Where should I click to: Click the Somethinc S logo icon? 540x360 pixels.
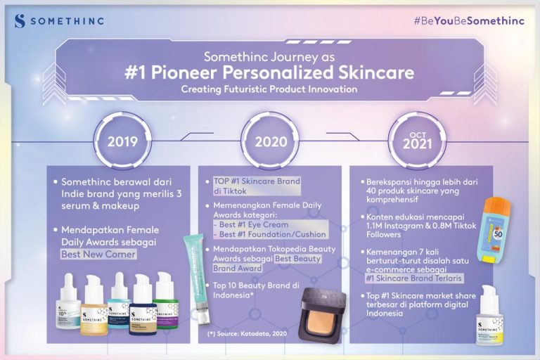coord(20,20)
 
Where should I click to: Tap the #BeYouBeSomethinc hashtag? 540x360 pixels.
coord(468,20)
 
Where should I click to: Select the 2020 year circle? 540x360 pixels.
coord(271,141)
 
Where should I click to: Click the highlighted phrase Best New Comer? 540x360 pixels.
coord(98,254)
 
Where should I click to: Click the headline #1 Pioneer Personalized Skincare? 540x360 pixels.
coord(269,73)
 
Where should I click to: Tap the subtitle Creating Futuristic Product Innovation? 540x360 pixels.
coord(269,89)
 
